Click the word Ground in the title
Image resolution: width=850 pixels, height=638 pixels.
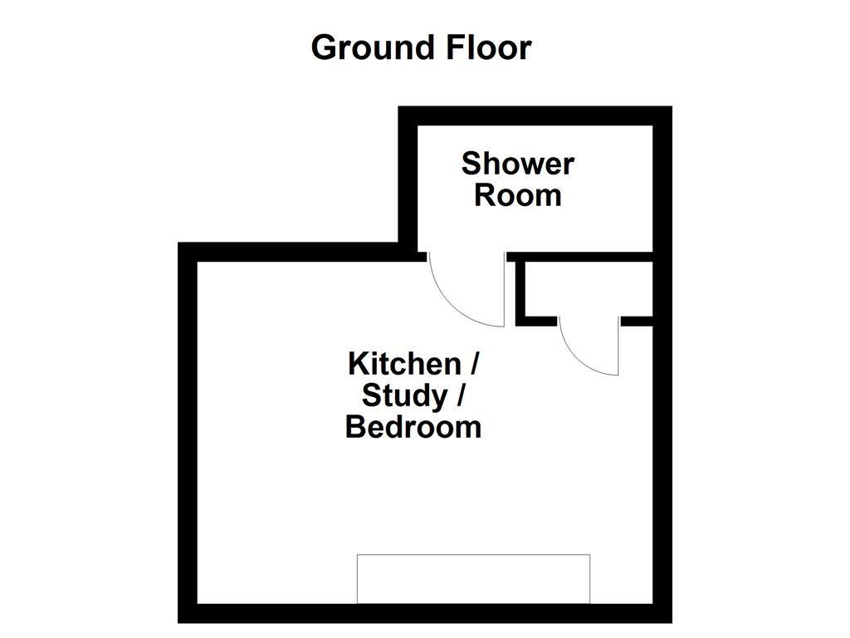coord(366,48)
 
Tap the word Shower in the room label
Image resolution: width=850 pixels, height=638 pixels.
coord(517,163)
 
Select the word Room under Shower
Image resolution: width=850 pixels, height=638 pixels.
coord(517,196)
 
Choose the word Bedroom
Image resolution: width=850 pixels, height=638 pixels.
coord(413,428)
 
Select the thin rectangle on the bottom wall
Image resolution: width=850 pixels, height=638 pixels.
coord(473,578)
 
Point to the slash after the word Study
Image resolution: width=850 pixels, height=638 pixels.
coord(458,396)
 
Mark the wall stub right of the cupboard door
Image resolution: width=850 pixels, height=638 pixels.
coord(637,321)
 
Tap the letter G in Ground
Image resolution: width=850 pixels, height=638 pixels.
coord(325,48)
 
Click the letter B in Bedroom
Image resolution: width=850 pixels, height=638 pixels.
coord(354,428)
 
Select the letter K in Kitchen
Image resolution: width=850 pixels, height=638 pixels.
coord(358,364)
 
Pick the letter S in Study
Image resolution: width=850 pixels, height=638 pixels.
coord(372,396)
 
